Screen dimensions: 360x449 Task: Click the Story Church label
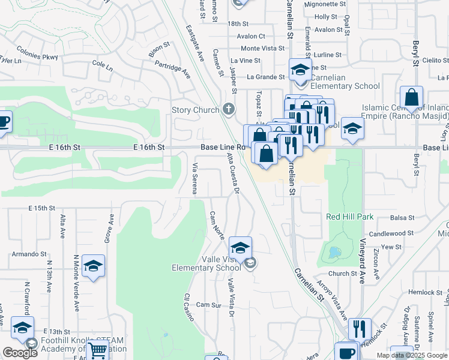click(195, 110)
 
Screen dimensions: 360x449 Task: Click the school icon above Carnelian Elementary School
click(300, 70)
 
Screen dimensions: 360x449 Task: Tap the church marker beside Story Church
click(228, 109)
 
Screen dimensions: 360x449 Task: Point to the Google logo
click(20, 352)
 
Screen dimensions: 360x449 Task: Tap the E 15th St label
click(41, 208)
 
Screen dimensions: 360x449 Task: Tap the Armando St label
click(32, 254)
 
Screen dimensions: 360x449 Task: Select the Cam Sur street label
click(209, 305)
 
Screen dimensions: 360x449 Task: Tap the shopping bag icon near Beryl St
click(412, 97)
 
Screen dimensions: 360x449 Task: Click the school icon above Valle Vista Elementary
click(240, 248)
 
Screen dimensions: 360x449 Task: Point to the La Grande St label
click(266, 77)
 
